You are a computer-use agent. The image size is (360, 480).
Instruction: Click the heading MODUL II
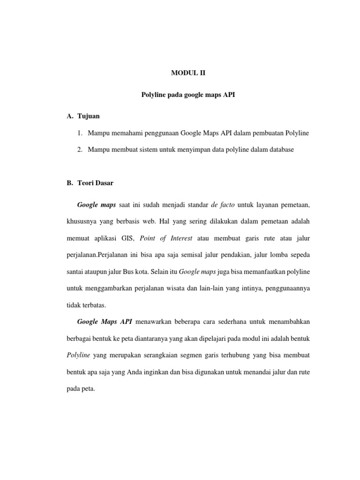187,73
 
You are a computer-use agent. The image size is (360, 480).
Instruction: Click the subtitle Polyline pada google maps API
188,95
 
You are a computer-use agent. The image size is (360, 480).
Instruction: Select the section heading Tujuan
89,116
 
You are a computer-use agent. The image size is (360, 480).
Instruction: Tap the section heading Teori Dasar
95,183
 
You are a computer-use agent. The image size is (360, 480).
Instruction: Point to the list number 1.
80,133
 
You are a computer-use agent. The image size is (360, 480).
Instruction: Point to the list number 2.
80,150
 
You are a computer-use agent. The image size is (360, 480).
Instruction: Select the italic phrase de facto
223,205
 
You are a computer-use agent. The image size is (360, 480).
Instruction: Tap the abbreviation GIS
127,238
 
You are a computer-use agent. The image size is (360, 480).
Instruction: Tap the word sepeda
300,255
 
